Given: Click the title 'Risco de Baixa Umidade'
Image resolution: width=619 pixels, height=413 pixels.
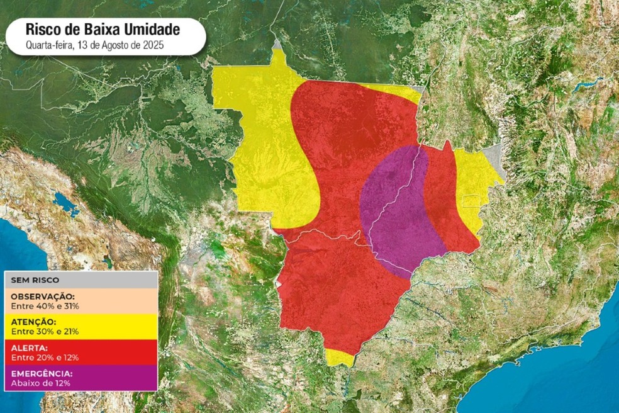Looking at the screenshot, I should point(103,29).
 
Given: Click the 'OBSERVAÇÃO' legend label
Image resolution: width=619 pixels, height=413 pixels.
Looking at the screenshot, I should point(43,296).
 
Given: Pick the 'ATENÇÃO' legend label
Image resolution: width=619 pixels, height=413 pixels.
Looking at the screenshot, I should point(35,322).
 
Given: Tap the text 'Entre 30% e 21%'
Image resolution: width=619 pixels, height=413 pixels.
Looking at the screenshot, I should point(45,331).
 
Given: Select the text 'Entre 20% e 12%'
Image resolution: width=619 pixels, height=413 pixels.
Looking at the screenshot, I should point(45,357).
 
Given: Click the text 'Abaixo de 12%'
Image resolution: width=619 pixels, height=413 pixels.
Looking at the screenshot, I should point(40,383).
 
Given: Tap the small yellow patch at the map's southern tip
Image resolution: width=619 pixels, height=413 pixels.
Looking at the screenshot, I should point(340,358).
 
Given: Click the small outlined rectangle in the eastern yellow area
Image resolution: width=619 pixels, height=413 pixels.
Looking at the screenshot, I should point(471,200).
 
